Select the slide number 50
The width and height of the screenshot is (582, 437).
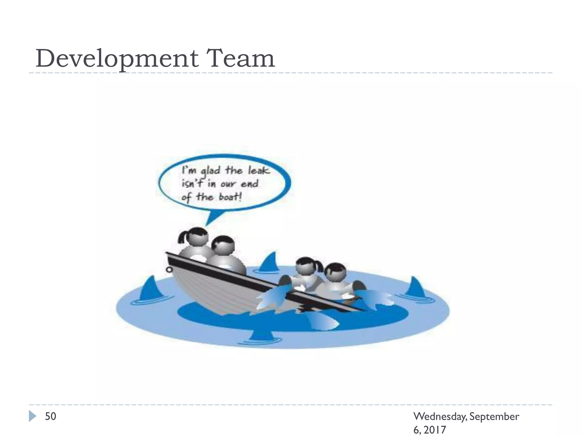(x=51, y=416)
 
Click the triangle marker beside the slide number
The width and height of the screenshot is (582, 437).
(x=32, y=416)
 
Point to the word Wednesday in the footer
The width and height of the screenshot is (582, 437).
(x=440, y=417)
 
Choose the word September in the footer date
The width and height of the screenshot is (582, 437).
(x=494, y=417)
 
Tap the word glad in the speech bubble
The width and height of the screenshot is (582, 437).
(x=210, y=171)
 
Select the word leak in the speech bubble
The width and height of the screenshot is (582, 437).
(x=259, y=170)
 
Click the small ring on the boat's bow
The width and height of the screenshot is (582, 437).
(x=169, y=269)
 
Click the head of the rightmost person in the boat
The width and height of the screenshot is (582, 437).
(x=335, y=271)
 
